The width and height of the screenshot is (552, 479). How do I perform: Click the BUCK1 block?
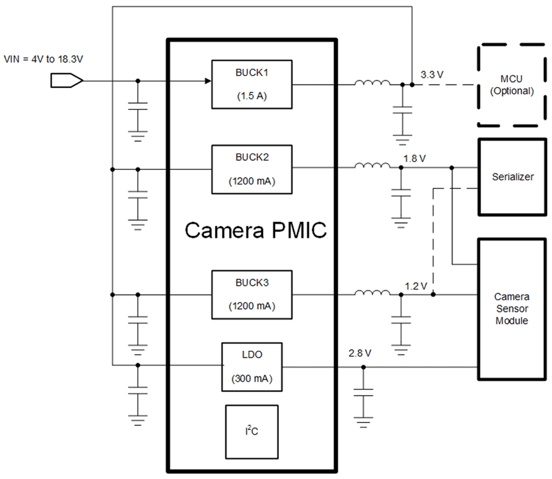click(x=252, y=84)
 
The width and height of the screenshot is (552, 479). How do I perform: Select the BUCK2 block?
click(x=252, y=169)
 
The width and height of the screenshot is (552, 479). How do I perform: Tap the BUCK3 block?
click(x=252, y=295)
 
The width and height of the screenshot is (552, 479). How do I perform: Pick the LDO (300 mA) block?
click(x=252, y=367)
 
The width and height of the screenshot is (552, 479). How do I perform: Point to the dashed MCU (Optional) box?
click(x=511, y=85)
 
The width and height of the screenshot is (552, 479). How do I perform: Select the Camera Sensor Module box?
click(x=511, y=309)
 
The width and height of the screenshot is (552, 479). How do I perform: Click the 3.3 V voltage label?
click(x=432, y=75)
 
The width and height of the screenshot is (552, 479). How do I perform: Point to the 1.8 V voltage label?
click(x=415, y=159)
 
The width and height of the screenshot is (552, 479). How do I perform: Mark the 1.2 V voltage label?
click(x=416, y=286)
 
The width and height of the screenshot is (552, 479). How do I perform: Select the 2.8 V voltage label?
click(x=360, y=353)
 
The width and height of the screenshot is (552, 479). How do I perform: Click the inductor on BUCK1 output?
click(x=372, y=83)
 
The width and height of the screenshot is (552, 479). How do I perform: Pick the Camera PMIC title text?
click(x=255, y=231)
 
